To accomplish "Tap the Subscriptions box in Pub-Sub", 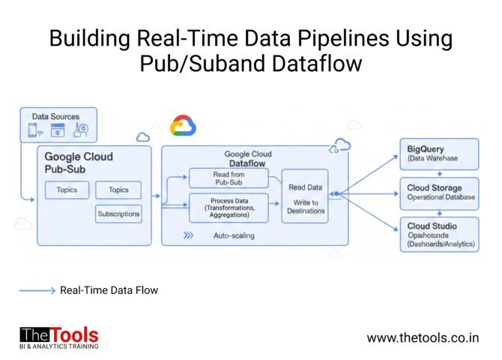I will [x=118, y=214].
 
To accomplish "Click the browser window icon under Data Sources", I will [x=58, y=130].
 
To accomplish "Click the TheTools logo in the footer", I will [x=58, y=337].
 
